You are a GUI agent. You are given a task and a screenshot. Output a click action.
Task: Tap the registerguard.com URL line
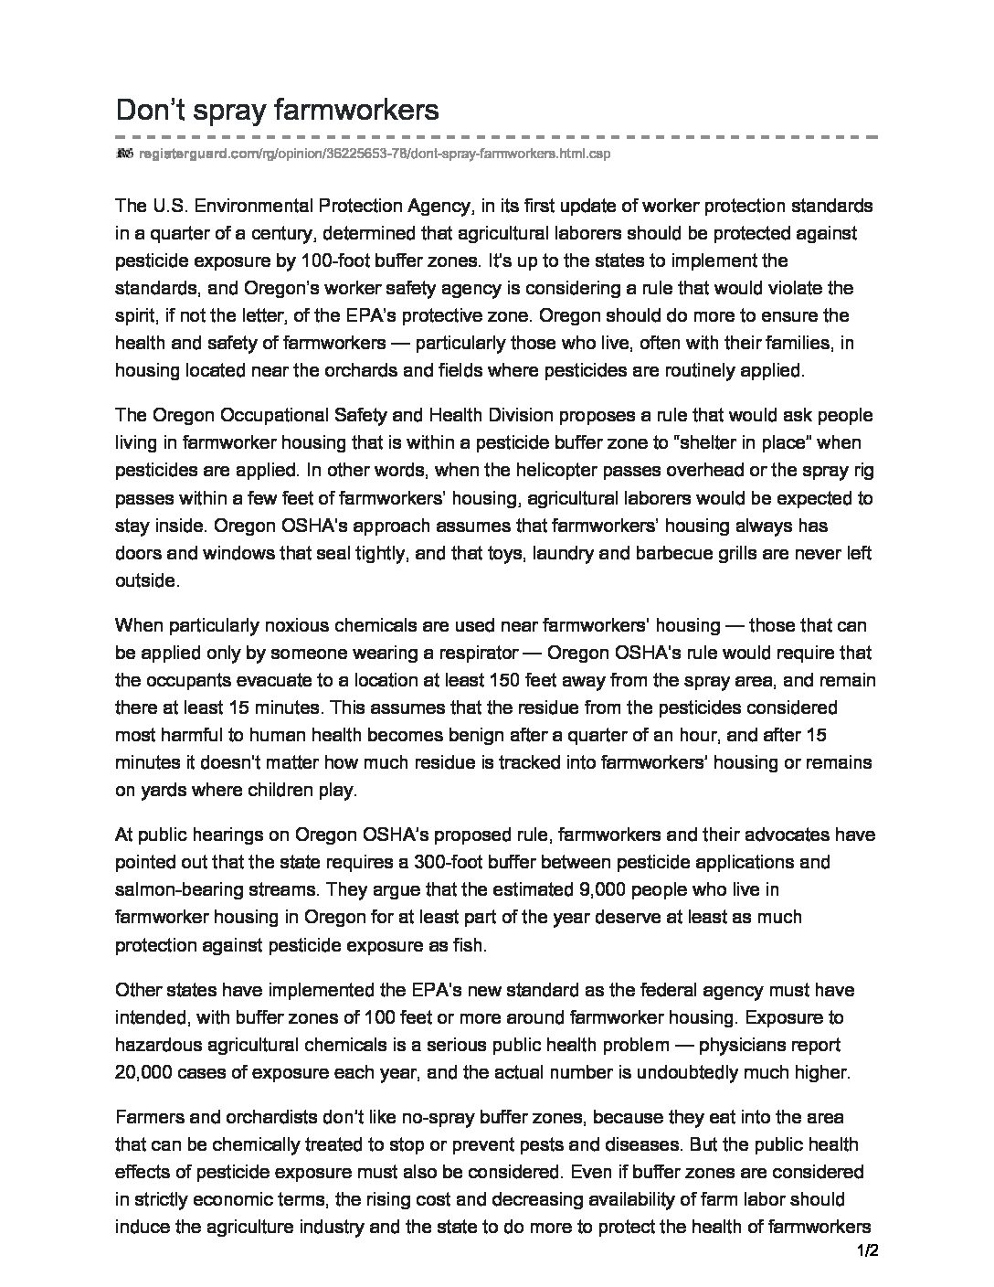pos(374,154)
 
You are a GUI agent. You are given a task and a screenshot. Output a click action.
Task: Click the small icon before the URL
pos(125,154)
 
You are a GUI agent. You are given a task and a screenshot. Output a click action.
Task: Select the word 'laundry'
pos(605,553)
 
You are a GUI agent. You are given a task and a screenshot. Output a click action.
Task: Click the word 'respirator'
pos(474,654)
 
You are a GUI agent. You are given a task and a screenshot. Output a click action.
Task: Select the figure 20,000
pos(144,1071)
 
